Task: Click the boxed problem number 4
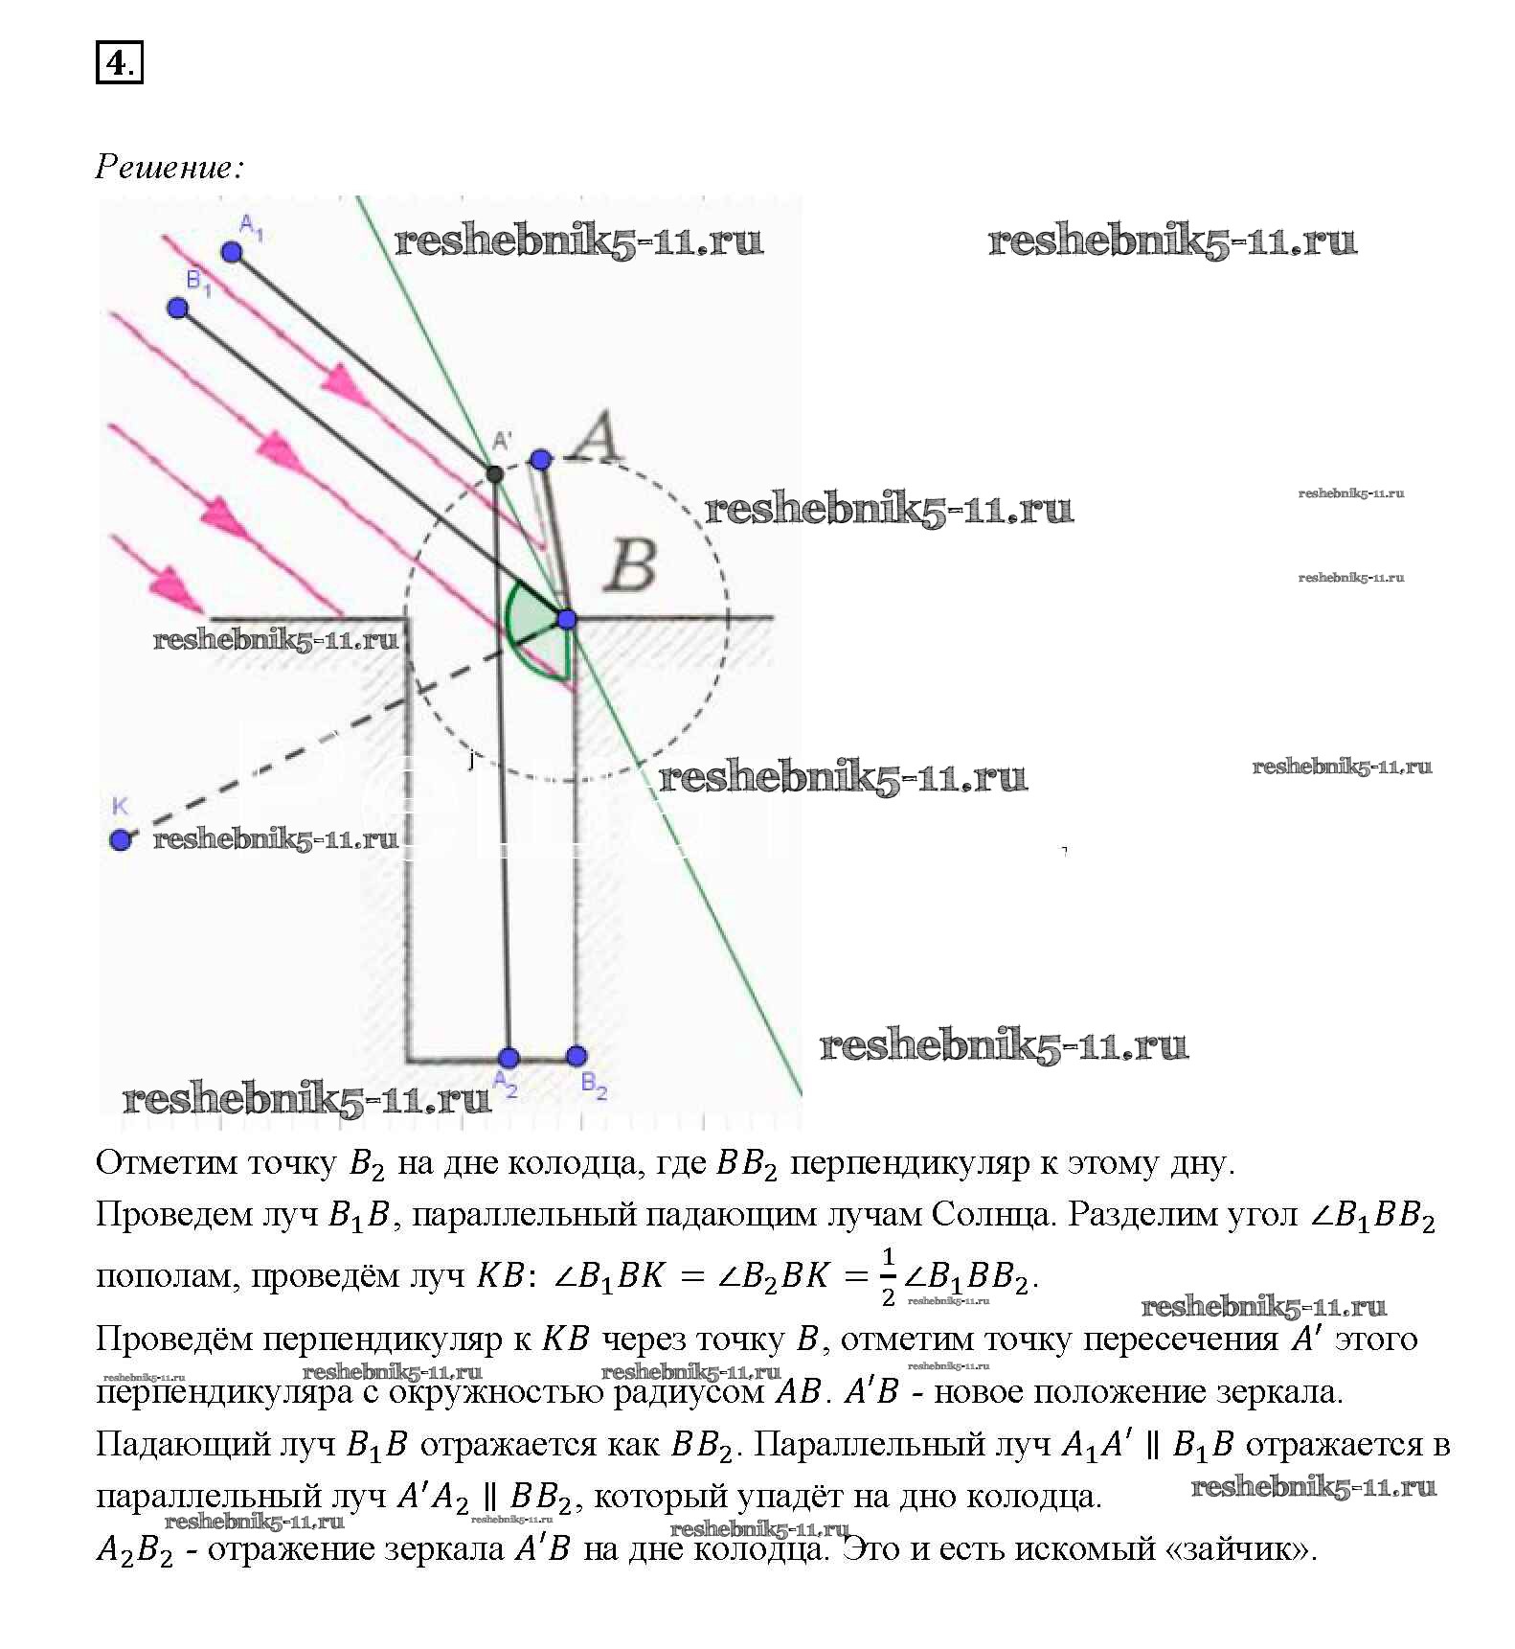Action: (x=119, y=64)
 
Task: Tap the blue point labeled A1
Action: (x=231, y=252)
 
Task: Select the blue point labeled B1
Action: (x=177, y=308)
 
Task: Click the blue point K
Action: (x=120, y=840)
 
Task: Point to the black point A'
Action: (x=494, y=473)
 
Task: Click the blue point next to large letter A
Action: (x=540, y=460)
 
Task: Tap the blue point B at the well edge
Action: (x=567, y=619)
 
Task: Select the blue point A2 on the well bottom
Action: (x=509, y=1058)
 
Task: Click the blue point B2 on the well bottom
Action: (x=576, y=1057)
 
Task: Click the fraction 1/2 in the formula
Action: (x=888, y=1277)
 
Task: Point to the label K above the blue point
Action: (x=120, y=806)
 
